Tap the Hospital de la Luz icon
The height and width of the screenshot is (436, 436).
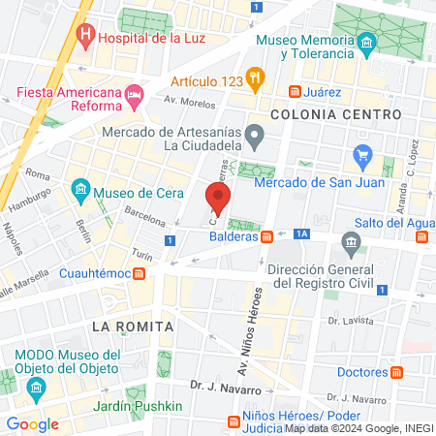tap(86, 38)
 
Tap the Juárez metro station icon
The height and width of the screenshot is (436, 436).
tap(296, 92)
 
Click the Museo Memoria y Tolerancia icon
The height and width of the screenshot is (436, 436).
tap(366, 45)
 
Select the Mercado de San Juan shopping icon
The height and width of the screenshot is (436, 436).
tap(364, 155)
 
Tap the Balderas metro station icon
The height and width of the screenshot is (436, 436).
tap(265, 237)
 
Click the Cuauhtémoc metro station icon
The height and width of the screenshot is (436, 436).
tap(140, 273)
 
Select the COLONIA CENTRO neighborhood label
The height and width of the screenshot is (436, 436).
tap(336, 114)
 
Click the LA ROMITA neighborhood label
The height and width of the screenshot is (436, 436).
tap(133, 327)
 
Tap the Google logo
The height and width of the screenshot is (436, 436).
tap(33, 423)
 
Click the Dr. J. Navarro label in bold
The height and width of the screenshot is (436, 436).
tap(226, 388)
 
